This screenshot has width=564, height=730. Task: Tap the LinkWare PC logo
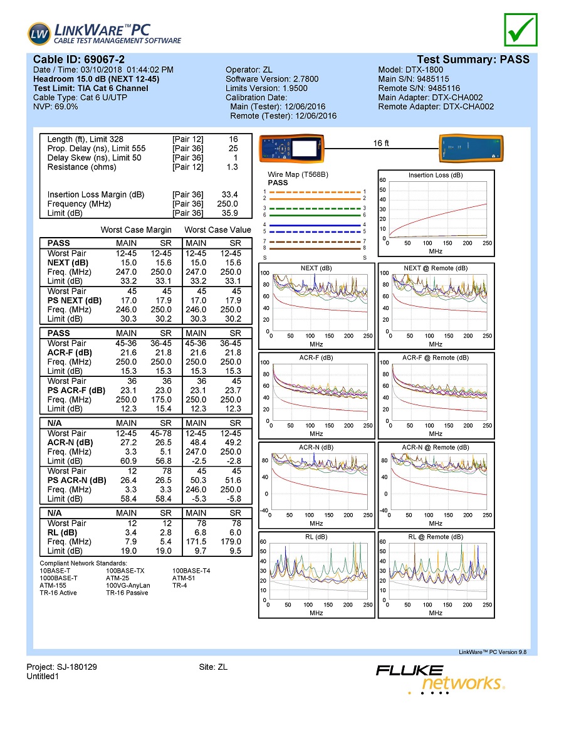click(x=104, y=34)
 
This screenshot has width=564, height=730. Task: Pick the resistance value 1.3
click(x=231, y=167)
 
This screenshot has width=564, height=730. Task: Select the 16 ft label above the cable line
click(x=381, y=144)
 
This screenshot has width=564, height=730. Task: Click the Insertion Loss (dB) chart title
click(x=435, y=176)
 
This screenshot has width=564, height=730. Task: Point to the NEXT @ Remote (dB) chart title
click(x=435, y=268)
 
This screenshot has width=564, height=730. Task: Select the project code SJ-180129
click(x=75, y=667)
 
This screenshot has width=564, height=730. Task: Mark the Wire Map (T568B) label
click(x=298, y=174)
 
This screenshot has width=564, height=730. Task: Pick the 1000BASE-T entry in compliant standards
click(x=58, y=578)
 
